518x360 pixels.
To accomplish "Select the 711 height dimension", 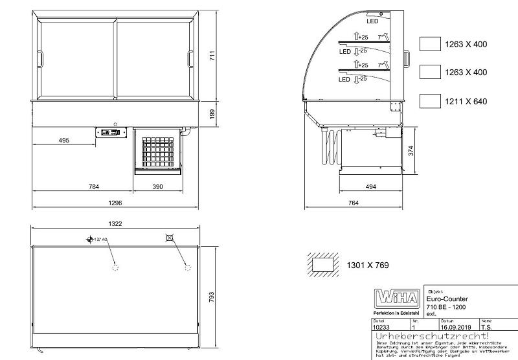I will pyautogui.click(x=211, y=56).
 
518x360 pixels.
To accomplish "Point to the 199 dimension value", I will pyautogui.click(x=211, y=113).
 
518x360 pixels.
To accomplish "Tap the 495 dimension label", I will pyautogui.click(x=63, y=141).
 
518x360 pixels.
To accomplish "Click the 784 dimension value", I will pyautogui.click(x=93, y=187).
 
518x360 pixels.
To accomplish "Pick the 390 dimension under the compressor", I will pyautogui.click(x=157, y=187).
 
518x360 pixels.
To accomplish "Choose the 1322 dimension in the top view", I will pyautogui.click(x=116, y=223).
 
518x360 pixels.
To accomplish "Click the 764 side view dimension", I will pyautogui.click(x=354, y=203).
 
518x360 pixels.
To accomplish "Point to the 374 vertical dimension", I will pyautogui.click(x=410, y=150).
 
